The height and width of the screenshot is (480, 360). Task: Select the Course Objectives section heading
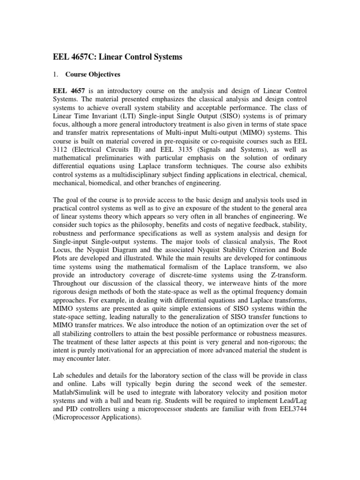93,74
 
